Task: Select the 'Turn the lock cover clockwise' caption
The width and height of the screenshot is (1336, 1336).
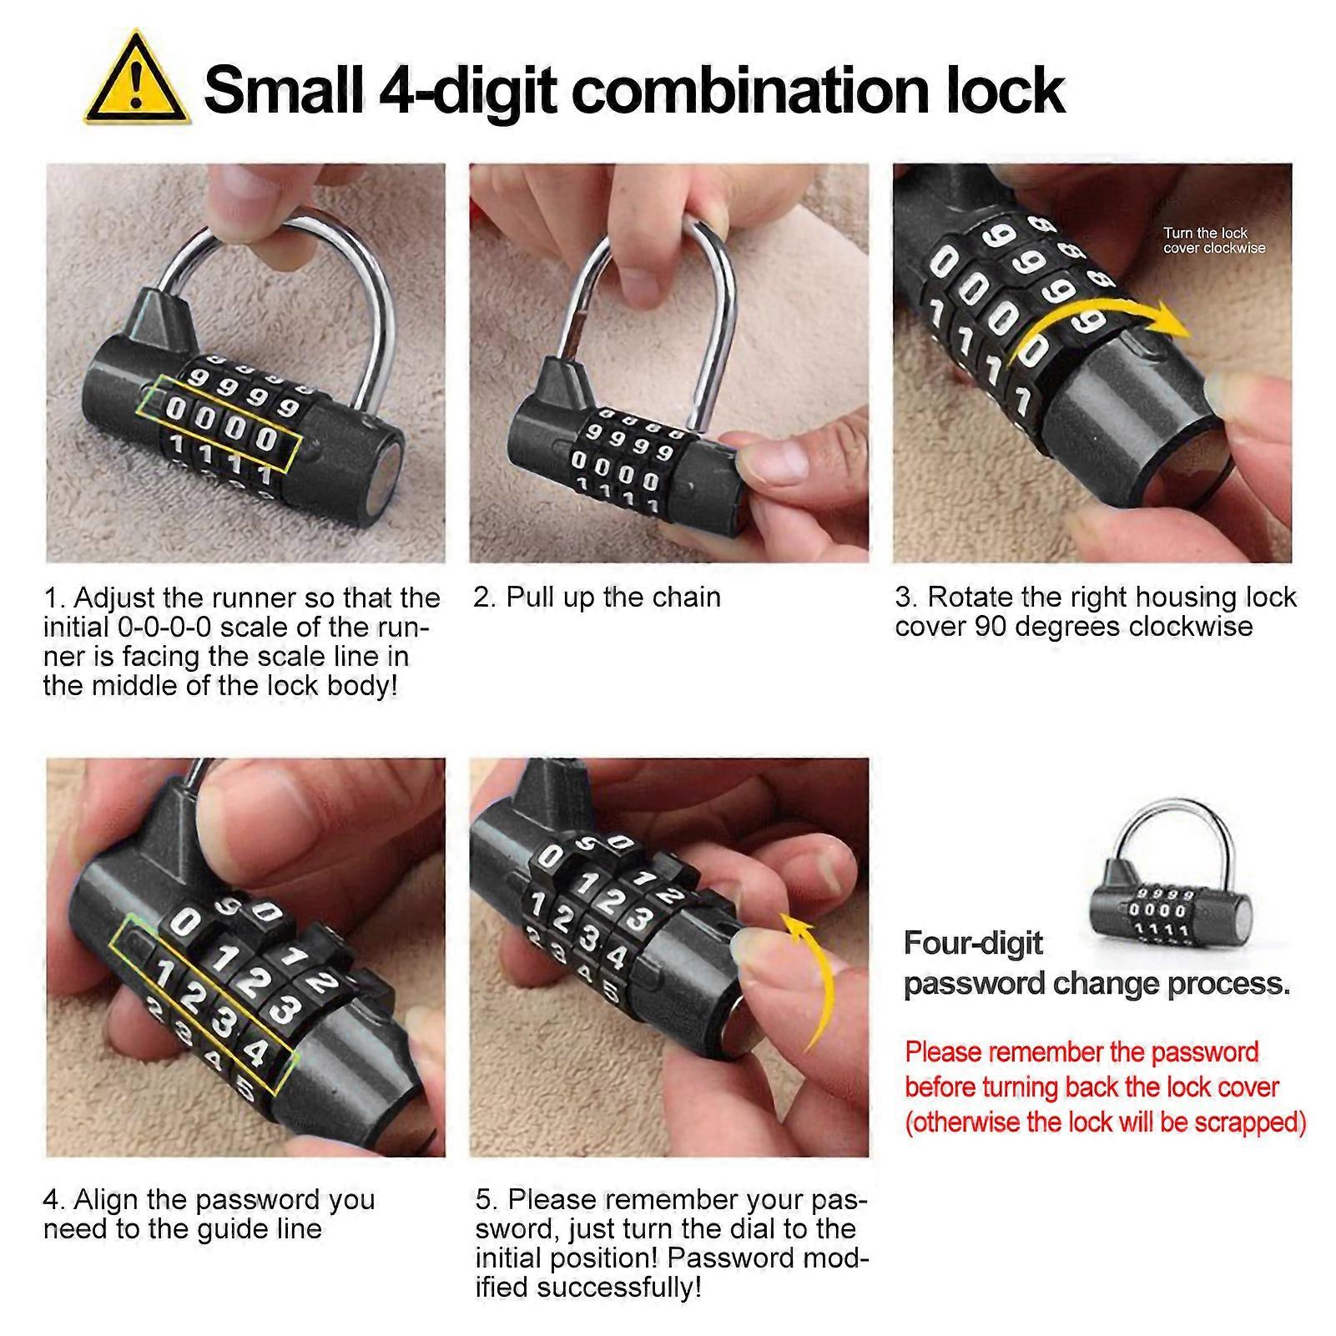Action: (1214, 240)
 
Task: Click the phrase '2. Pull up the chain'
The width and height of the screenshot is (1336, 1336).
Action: (597, 597)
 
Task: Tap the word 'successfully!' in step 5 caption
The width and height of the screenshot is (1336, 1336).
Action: (618, 1287)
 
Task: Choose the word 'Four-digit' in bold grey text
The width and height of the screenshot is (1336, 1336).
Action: (974, 943)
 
